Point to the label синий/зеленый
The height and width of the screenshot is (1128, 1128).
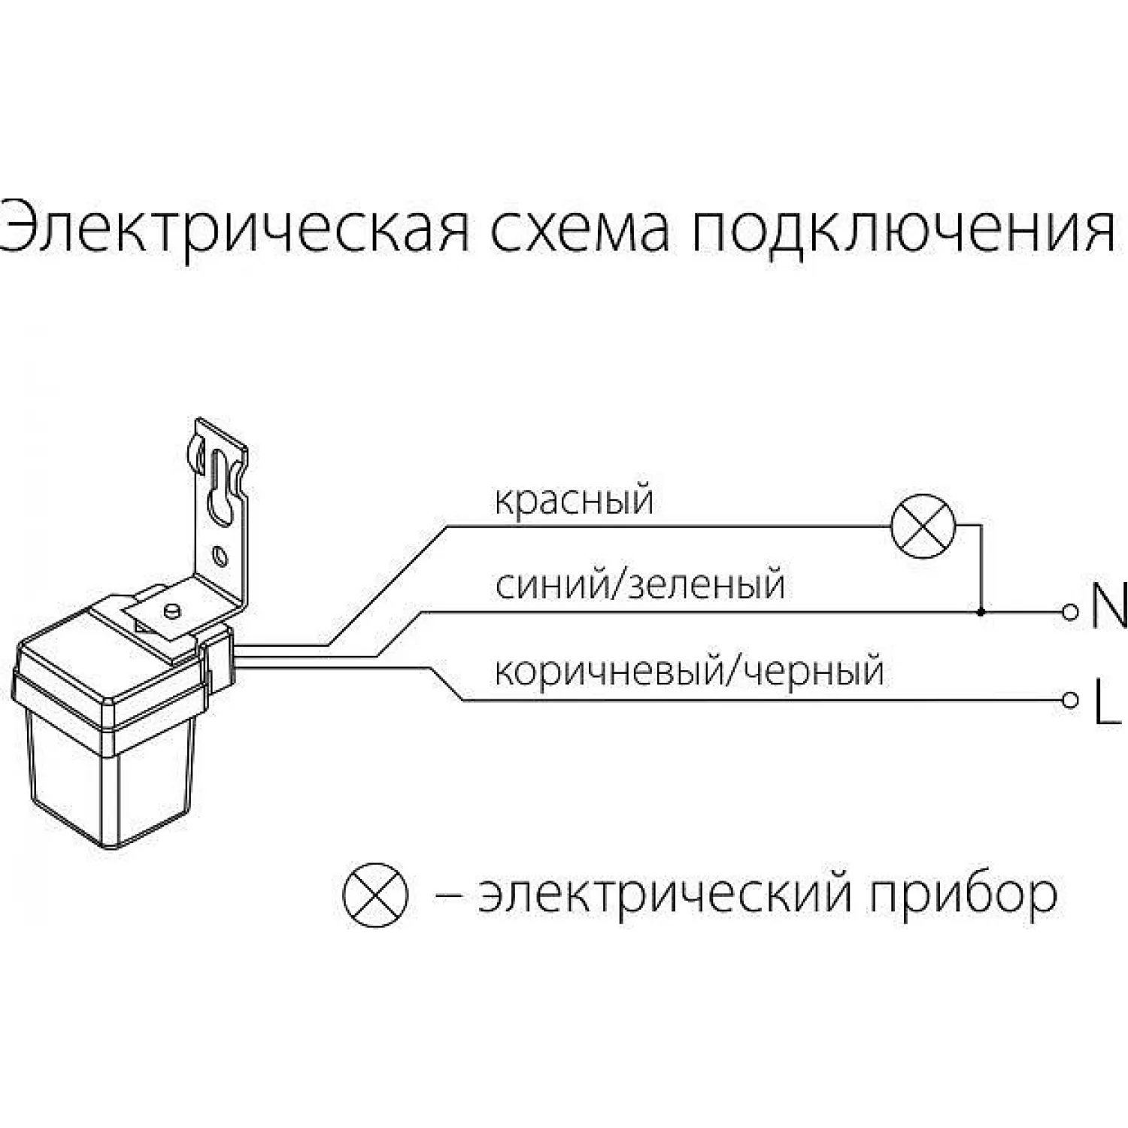click(640, 585)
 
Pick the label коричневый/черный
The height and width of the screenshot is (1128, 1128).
click(689, 671)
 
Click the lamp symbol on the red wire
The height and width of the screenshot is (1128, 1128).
click(923, 526)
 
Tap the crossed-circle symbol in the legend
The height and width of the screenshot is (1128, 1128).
click(375, 894)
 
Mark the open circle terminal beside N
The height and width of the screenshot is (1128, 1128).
click(1069, 612)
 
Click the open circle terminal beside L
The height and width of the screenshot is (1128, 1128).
click(1069, 700)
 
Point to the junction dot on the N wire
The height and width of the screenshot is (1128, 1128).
click(981, 612)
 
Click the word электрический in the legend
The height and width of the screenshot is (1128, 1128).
click(666, 895)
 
